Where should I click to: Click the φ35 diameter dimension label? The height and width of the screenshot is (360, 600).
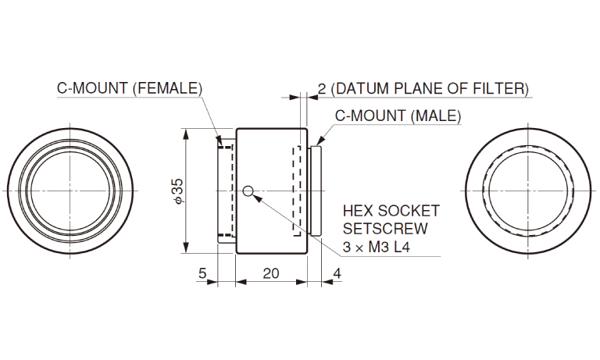point(179,191)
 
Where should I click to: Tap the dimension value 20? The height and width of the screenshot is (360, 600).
point(271,273)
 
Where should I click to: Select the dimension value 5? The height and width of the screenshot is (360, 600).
point(202,273)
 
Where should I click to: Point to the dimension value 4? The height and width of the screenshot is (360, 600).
point(337,273)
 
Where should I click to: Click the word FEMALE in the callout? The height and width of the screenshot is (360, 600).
point(167,88)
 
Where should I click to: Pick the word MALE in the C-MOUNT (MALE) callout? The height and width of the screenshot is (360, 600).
point(436,116)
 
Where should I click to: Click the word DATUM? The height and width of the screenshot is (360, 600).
point(361,88)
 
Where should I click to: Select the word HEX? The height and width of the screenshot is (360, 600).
point(357,211)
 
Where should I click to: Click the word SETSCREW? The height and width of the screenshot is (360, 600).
point(385,229)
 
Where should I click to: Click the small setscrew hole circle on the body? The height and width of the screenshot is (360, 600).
point(248,190)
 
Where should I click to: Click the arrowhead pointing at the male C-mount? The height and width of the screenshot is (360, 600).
point(319,141)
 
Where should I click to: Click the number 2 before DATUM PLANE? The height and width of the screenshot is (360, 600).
point(322,89)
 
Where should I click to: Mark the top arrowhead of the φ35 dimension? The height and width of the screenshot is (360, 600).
point(186,134)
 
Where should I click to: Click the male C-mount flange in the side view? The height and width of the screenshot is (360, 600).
point(316,191)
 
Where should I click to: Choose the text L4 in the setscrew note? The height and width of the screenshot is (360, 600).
point(402,247)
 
